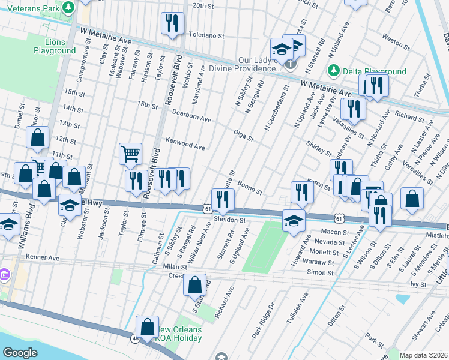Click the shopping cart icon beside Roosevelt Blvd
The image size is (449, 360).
point(130,154)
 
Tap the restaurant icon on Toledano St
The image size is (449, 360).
point(172,23)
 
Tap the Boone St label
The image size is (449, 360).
point(250,188)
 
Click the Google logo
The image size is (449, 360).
point(20,352)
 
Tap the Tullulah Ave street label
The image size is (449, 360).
point(297,306)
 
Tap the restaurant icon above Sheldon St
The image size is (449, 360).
point(223,200)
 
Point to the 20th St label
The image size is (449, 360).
point(203,5)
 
